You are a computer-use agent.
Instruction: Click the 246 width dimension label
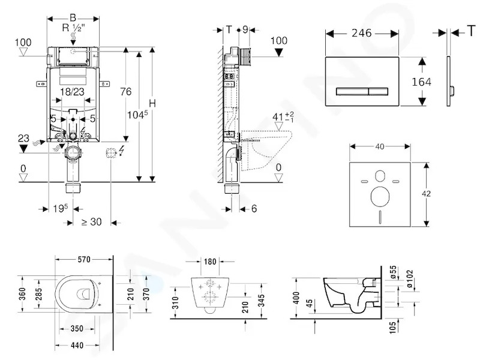[361, 33]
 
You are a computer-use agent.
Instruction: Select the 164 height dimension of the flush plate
[421, 82]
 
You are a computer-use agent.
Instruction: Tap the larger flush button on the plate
[352, 91]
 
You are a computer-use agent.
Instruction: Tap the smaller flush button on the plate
[379, 91]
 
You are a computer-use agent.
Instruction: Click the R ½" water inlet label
[74, 28]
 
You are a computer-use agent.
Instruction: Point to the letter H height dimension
[152, 103]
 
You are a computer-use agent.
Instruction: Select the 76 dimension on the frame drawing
[125, 92]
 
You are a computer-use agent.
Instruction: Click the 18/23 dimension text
[72, 92]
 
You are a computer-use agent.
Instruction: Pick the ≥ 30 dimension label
[92, 221]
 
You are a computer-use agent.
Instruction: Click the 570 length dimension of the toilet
[84, 260]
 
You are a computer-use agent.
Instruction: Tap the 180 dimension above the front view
[210, 262]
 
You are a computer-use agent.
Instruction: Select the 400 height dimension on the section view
[296, 298]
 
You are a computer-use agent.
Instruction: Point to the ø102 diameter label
[410, 278]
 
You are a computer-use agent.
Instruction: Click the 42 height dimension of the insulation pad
[426, 193]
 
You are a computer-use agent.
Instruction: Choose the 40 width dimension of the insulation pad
[380, 146]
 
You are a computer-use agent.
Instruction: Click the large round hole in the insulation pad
[380, 196]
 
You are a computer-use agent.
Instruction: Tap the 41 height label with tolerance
[283, 117]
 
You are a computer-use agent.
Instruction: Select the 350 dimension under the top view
[77, 329]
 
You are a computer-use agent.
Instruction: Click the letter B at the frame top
[73, 18]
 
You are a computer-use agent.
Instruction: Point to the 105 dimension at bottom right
[392, 327]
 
